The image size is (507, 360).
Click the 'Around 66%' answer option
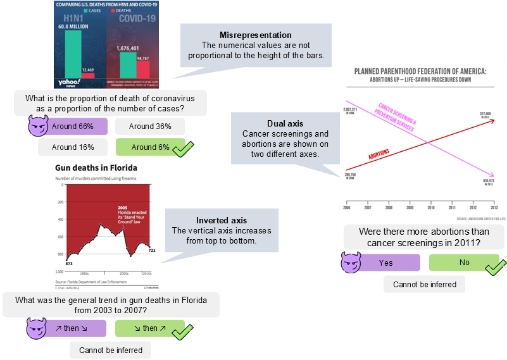[x=73, y=127]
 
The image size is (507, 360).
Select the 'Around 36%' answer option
[x=150, y=127]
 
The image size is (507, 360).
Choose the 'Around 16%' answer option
[x=73, y=147]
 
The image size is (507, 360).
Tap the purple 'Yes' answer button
[x=385, y=263]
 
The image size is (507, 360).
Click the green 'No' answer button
[x=464, y=263]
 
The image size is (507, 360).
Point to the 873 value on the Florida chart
[x=60, y=263]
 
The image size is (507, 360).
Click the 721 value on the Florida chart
[x=151, y=251]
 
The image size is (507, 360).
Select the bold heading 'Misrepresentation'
[x=255, y=35]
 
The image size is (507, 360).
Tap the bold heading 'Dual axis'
[x=285, y=123]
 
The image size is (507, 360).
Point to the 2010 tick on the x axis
[x=431, y=208]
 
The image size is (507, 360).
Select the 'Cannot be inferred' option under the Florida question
[x=111, y=350]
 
